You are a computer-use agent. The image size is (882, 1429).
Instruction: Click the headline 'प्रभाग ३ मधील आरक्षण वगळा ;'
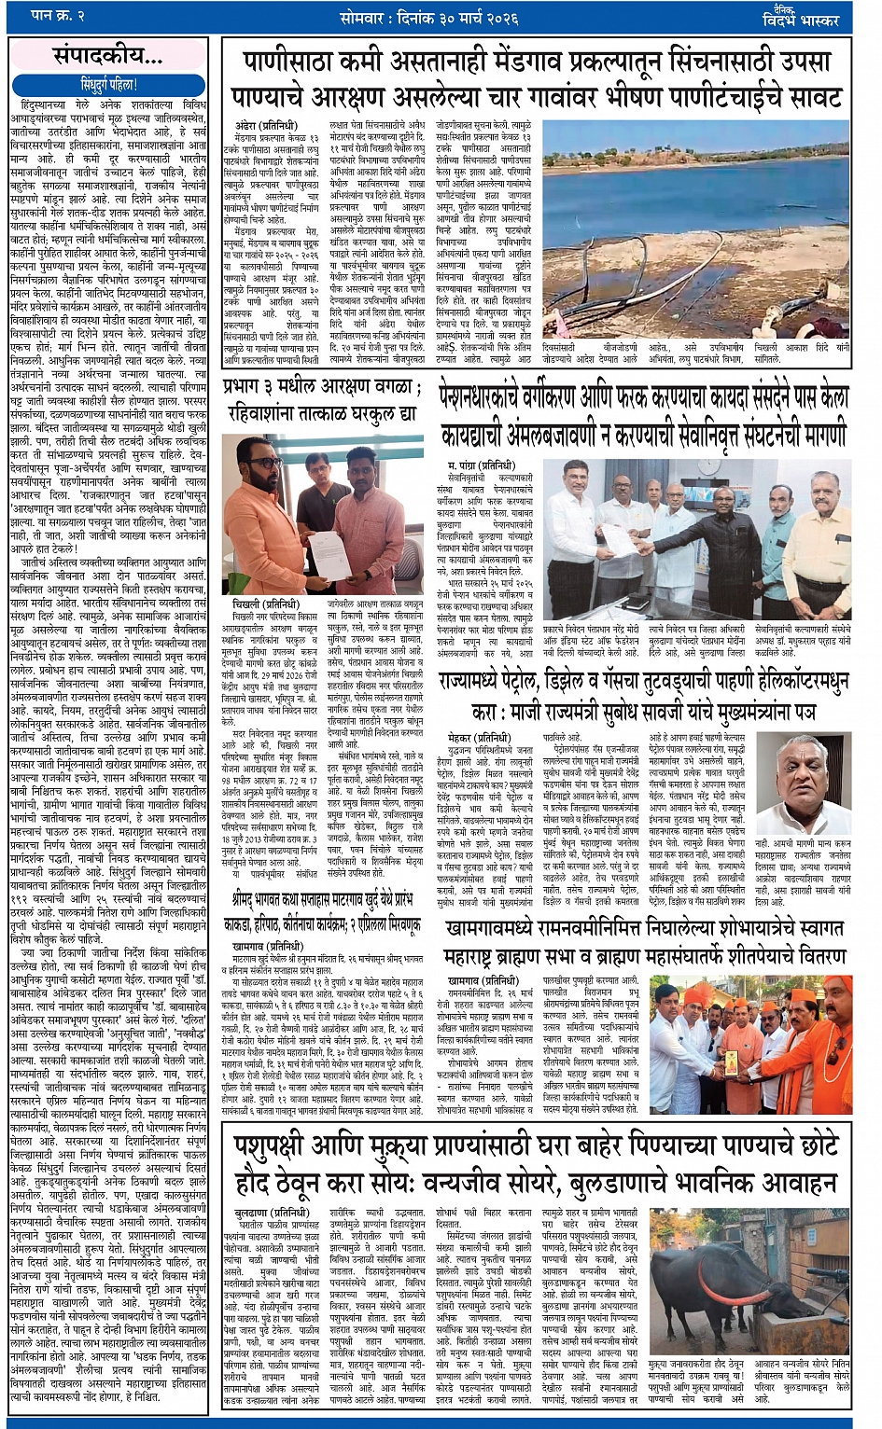pos(321,384)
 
